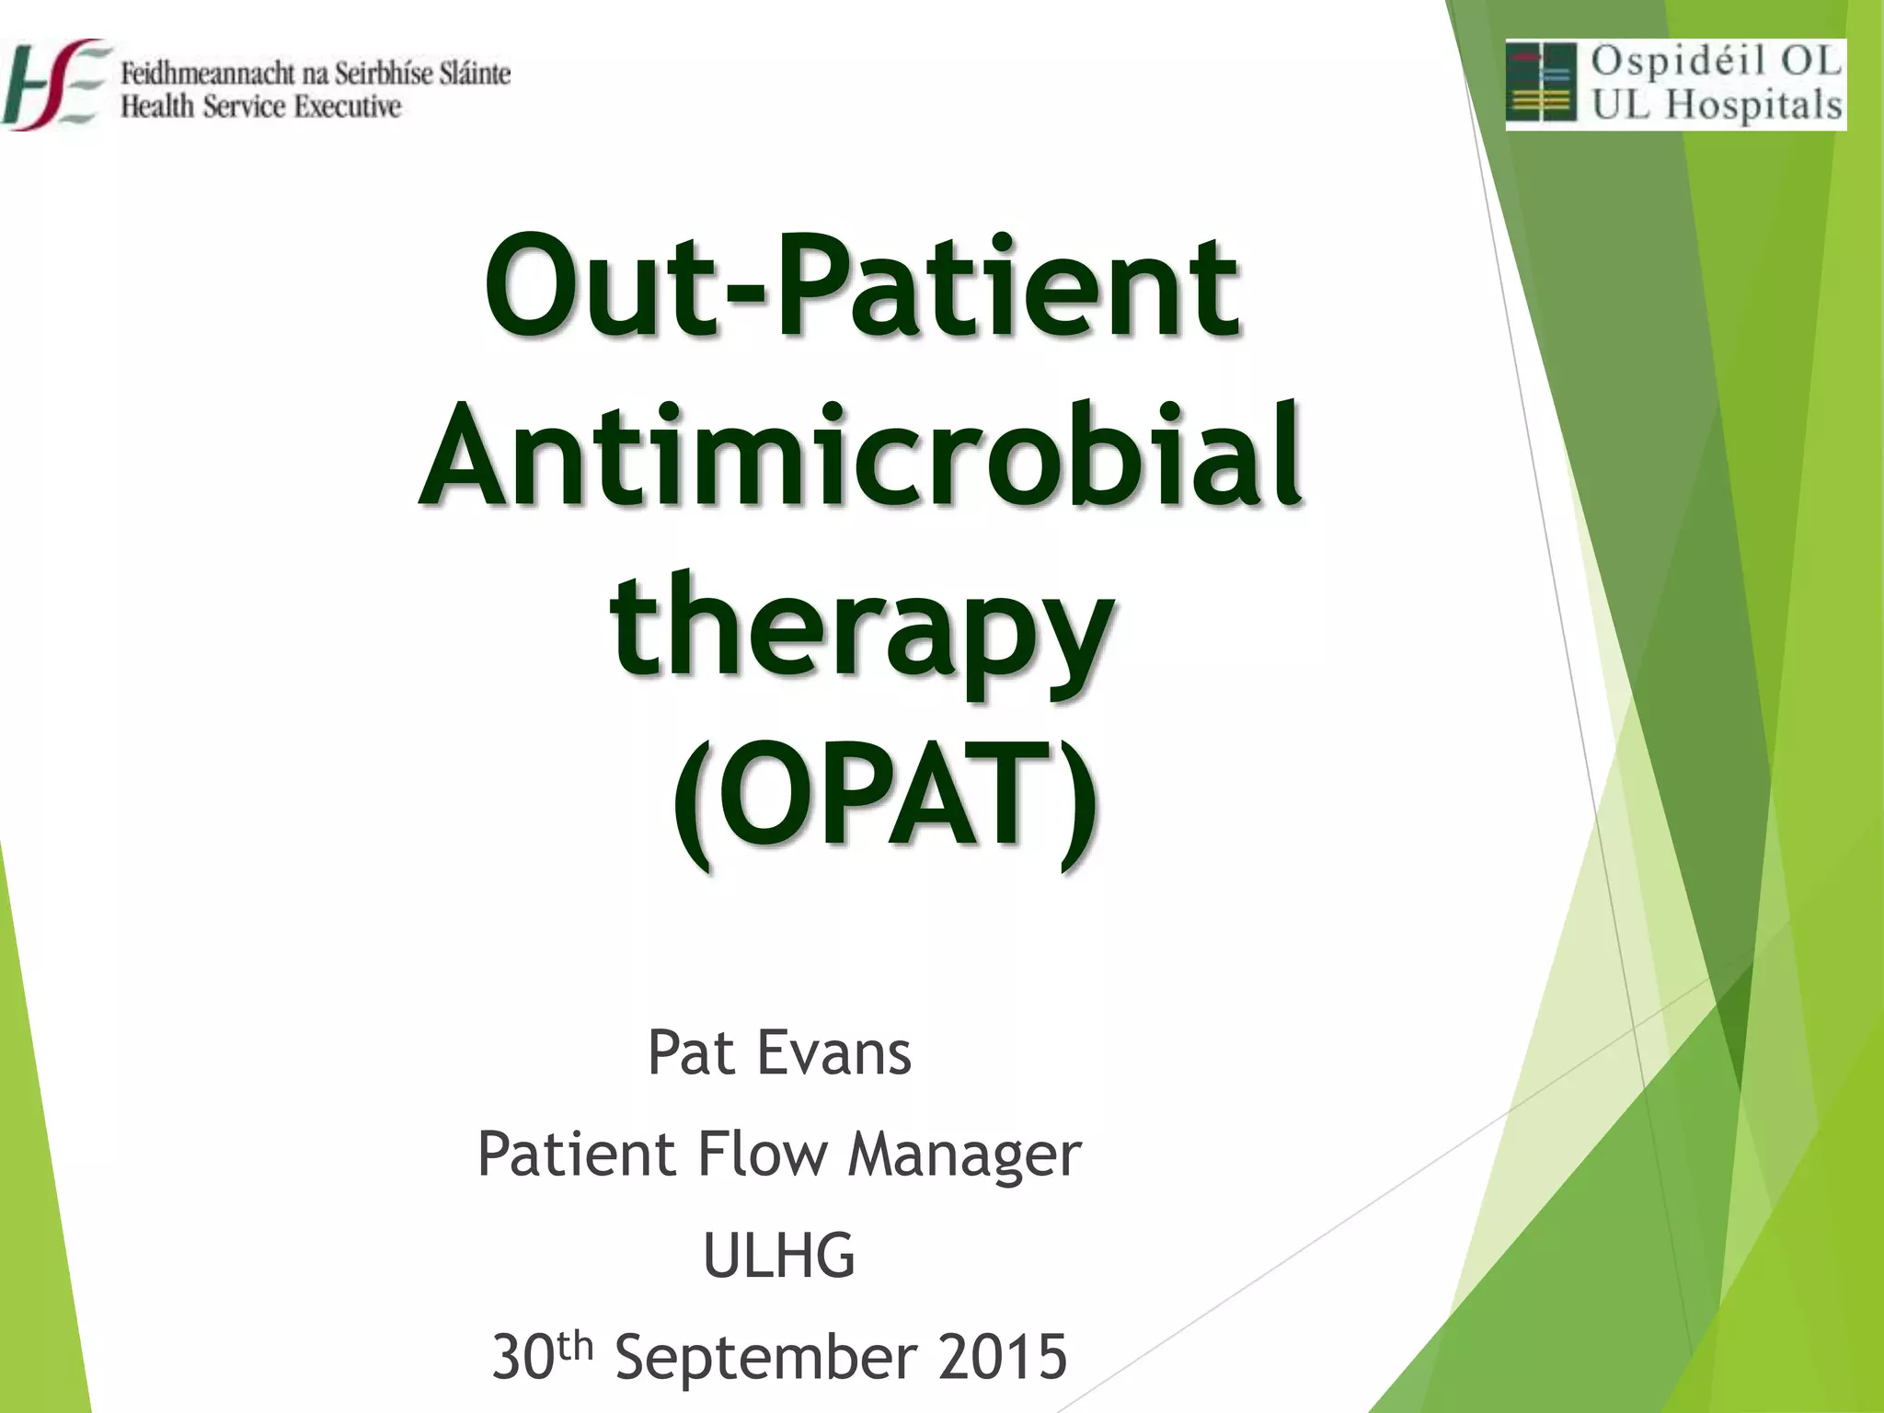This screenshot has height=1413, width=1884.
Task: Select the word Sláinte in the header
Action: pos(475,73)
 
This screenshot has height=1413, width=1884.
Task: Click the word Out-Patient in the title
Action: pos(862,288)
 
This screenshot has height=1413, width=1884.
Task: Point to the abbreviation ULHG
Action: pos(779,1256)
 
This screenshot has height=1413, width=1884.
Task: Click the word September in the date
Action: pos(766,1358)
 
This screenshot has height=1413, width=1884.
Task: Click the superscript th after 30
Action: pos(575,1347)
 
